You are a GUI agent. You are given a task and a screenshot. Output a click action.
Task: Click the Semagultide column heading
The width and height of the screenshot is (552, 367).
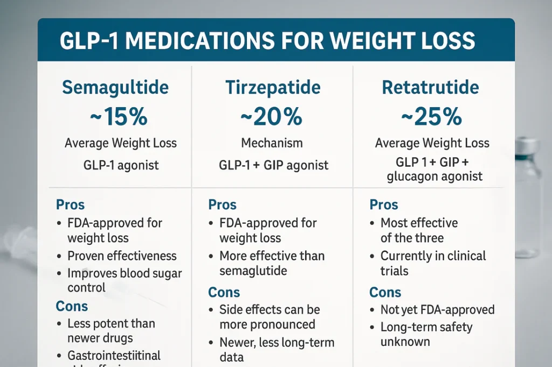(x=115, y=88)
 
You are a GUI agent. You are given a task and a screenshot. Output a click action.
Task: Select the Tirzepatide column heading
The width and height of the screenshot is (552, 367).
(x=273, y=88)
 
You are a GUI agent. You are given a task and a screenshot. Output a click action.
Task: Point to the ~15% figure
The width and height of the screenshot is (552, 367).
(x=119, y=117)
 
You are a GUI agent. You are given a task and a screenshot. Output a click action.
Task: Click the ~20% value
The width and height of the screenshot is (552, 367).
(x=272, y=117)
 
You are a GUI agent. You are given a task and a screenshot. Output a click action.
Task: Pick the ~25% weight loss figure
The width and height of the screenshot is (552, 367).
(x=432, y=117)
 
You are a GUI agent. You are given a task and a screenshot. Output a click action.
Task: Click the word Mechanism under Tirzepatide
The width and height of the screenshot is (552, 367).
(x=272, y=143)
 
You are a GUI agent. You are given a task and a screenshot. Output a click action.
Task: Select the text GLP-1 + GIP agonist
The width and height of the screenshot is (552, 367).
(x=273, y=165)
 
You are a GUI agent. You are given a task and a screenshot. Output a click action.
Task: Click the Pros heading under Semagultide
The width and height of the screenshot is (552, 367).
(x=70, y=205)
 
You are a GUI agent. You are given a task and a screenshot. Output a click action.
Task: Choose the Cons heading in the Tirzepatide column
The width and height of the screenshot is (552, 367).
(x=224, y=292)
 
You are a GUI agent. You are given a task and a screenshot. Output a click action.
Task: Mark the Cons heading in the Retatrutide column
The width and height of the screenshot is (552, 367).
(x=385, y=292)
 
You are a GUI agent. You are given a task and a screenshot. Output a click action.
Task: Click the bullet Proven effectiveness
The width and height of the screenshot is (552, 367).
(x=122, y=256)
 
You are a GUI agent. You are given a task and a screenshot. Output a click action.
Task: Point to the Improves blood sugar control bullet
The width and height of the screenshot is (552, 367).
(x=124, y=280)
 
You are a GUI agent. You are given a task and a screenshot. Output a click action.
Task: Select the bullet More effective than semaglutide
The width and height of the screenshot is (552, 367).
(x=271, y=263)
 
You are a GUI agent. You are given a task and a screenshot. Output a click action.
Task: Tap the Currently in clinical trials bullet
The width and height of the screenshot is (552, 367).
(x=432, y=263)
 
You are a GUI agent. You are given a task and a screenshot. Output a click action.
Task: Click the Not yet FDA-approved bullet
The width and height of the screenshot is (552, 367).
(x=437, y=310)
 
